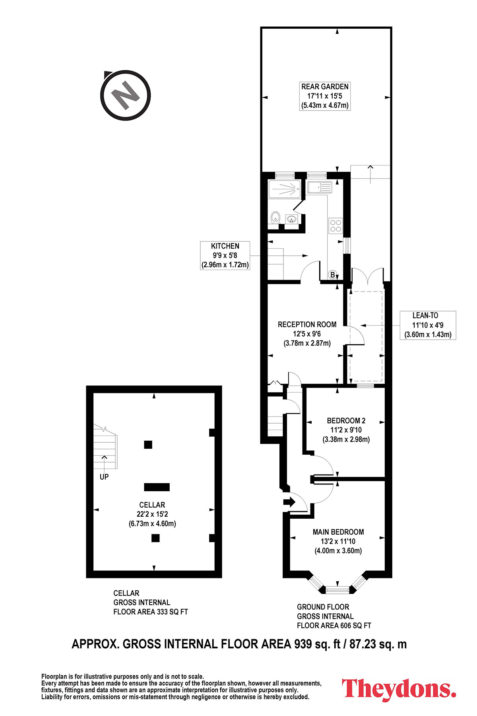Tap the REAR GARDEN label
(325, 96)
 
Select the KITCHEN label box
(225, 255)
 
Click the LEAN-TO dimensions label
(428, 325)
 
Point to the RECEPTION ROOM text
(307, 325)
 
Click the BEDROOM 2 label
(346, 430)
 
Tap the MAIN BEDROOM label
(338, 541)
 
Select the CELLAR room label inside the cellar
(152, 514)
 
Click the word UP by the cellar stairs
(104, 477)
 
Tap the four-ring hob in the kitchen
(335, 226)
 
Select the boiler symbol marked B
(333, 274)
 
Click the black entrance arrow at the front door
(289, 502)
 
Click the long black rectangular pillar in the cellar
(157, 487)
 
